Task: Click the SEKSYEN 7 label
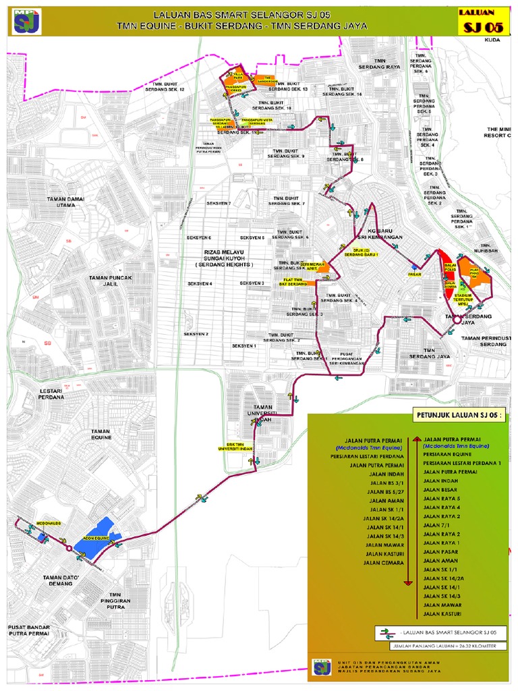(x=219, y=203)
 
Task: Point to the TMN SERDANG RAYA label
(x=379, y=64)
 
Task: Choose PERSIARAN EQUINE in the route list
(x=449, y=454)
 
